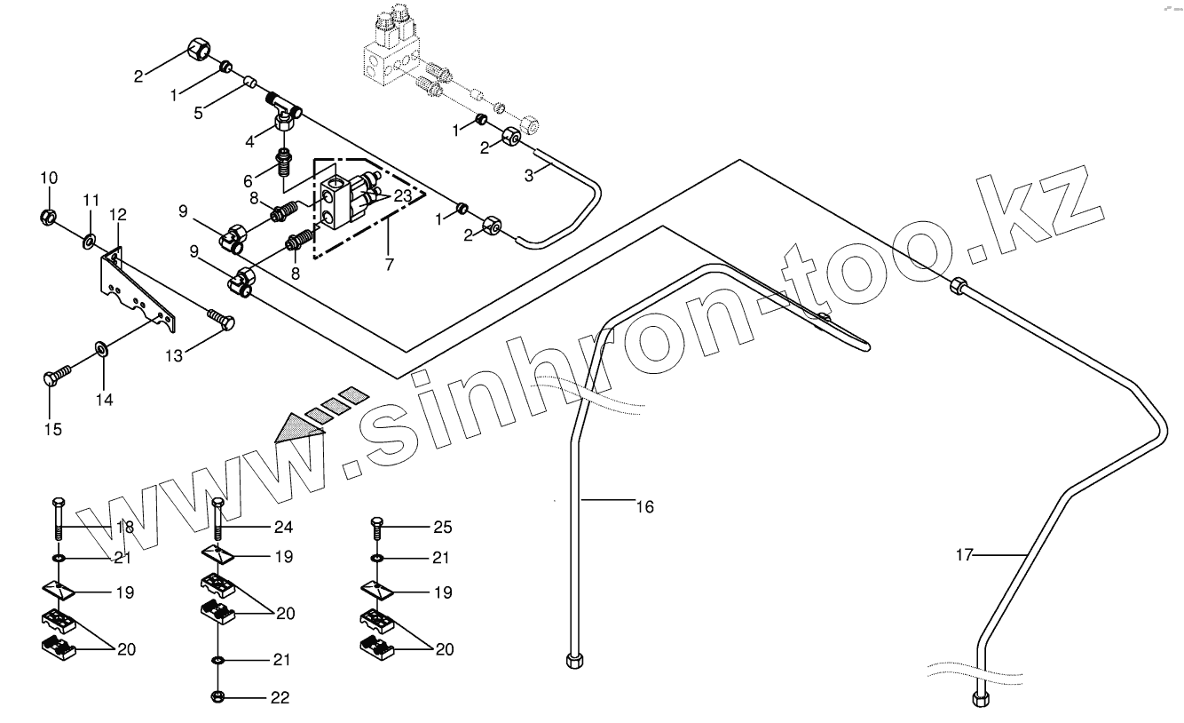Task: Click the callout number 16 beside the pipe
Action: click(644, 507)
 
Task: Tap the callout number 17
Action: click(965, 555)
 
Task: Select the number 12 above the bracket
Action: click(118, 214)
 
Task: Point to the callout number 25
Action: click(443, 528)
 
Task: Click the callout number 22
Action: click(280, 698)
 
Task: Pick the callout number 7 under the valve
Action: click(387, 265)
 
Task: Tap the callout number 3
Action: click(528, 175)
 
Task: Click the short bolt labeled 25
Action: click(377, 529)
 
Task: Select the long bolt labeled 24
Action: click(218, 520)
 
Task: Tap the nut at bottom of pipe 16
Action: click(572, 660)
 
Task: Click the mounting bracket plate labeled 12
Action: click(133, 284)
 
